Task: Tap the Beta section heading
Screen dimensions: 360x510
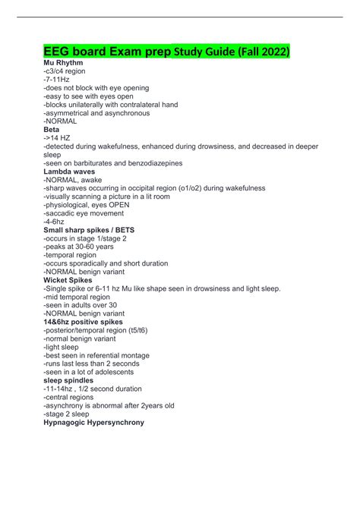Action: tap(53, 130)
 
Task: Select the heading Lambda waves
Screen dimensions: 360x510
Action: tap(69, 172)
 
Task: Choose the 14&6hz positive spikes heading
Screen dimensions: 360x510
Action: tap(84, 321)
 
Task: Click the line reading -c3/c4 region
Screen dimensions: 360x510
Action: tap(65, 71)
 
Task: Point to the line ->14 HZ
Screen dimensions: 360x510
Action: tap(57, 138)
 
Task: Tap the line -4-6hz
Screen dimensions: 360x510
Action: tap(55, 221)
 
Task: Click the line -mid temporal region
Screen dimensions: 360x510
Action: tap(77, 296)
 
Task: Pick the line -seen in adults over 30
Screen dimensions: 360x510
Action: tap(80, 304)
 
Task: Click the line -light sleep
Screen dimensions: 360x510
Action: tap(62, 346)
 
